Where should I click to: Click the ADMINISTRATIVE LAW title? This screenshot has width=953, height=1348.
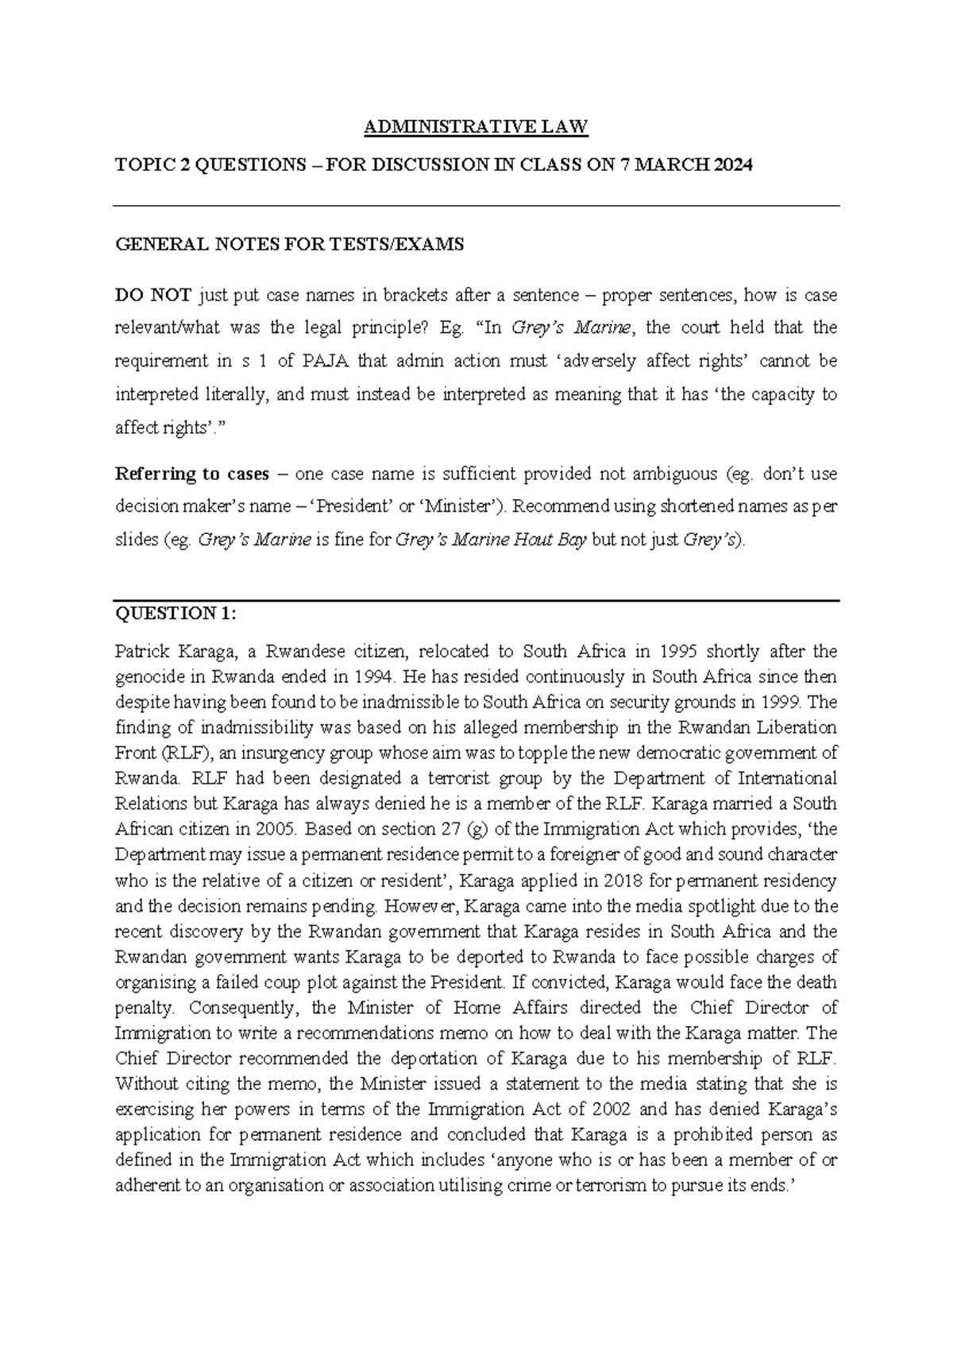[476, 126]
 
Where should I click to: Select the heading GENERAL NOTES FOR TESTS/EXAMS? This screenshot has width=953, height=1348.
[289, 245]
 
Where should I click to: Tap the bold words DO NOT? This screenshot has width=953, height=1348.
[152, 296]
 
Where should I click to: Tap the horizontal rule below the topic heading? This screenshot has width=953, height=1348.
[476, 207]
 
